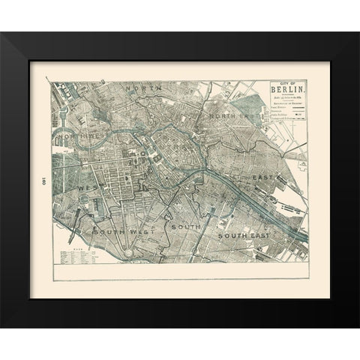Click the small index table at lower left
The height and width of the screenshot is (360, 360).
pyautogui.click(x=78, y=256)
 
